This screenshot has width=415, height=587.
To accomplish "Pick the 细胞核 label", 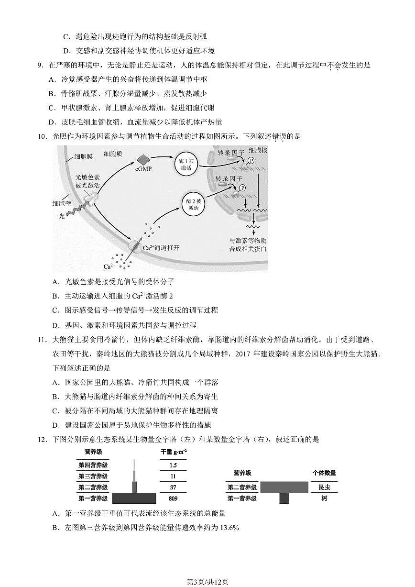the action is (x=258, y=150).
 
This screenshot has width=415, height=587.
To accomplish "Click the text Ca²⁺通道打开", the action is (x=161, y=248).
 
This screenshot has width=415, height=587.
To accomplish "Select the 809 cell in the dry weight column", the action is (x=173, y=498).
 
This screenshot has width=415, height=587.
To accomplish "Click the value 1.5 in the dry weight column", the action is (x=173, y=465).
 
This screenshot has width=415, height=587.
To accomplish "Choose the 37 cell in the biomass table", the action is (x=173, y=487).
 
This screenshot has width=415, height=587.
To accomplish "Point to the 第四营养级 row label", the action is (x=93, y=465).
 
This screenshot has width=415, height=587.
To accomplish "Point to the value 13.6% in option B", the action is (x=229, y=528).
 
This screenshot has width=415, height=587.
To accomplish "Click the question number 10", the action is (x=42, y=137).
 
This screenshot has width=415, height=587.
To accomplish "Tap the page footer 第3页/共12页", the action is (x=207, y=582).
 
